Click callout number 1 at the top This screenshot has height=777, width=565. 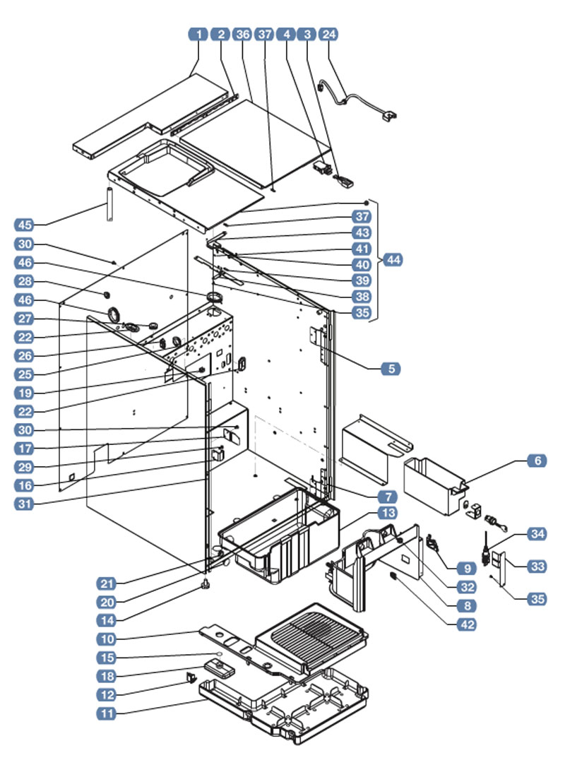[198, 34]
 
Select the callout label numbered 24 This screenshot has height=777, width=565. [329, 34]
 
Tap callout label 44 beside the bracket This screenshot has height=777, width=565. [393, 260]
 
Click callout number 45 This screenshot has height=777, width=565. [25, 225]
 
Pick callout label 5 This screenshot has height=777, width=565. [391, 369]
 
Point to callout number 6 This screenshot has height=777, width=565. [537, 461]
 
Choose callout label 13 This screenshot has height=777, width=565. [388, 513]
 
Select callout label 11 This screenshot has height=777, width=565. [107, 714]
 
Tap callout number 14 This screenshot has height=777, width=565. [107, 621]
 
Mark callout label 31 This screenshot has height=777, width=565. [25, 504]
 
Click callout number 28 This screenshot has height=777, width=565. [25, 281]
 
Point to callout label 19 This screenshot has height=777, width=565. [25, 393]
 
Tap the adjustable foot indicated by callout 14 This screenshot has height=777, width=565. [206, 586]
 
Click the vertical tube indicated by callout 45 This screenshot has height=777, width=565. [109, 204]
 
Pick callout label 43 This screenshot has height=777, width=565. [362, 233]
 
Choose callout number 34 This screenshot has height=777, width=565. [537, 534]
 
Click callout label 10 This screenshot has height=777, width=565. [107, 640]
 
